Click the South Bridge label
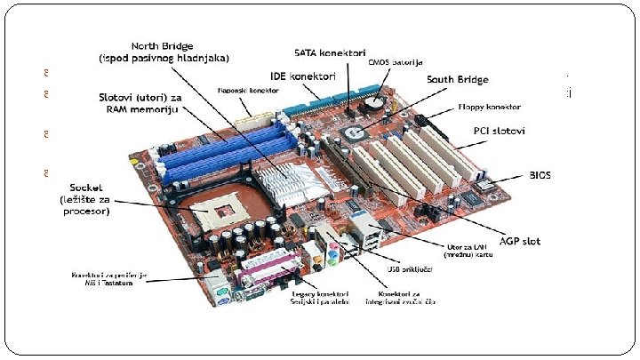point(457,79)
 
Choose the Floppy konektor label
point(489,106)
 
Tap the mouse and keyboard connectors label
point(108,280)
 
